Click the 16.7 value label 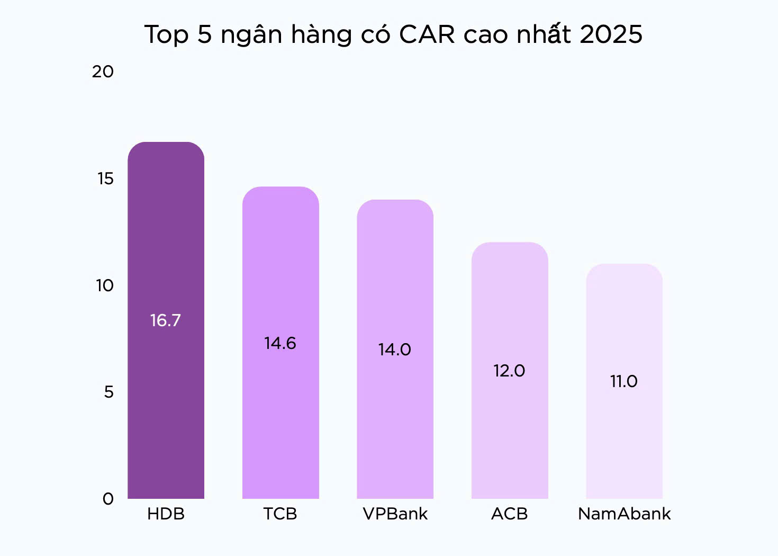coord(166,320)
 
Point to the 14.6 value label coord(281,343)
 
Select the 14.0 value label coord(395,349)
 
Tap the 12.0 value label coord(509,371)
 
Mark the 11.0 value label coord(624,381)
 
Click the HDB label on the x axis coord(166,514)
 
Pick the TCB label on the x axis coord(281,514)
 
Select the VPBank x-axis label coord(395,514)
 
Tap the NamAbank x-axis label coord(624,514)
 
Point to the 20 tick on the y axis coord(103,71)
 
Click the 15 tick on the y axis coord(105,178)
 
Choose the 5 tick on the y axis coord(108,392)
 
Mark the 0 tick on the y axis coord(108,499)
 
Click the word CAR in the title coord(427,34)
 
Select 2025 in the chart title coord(611,34)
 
